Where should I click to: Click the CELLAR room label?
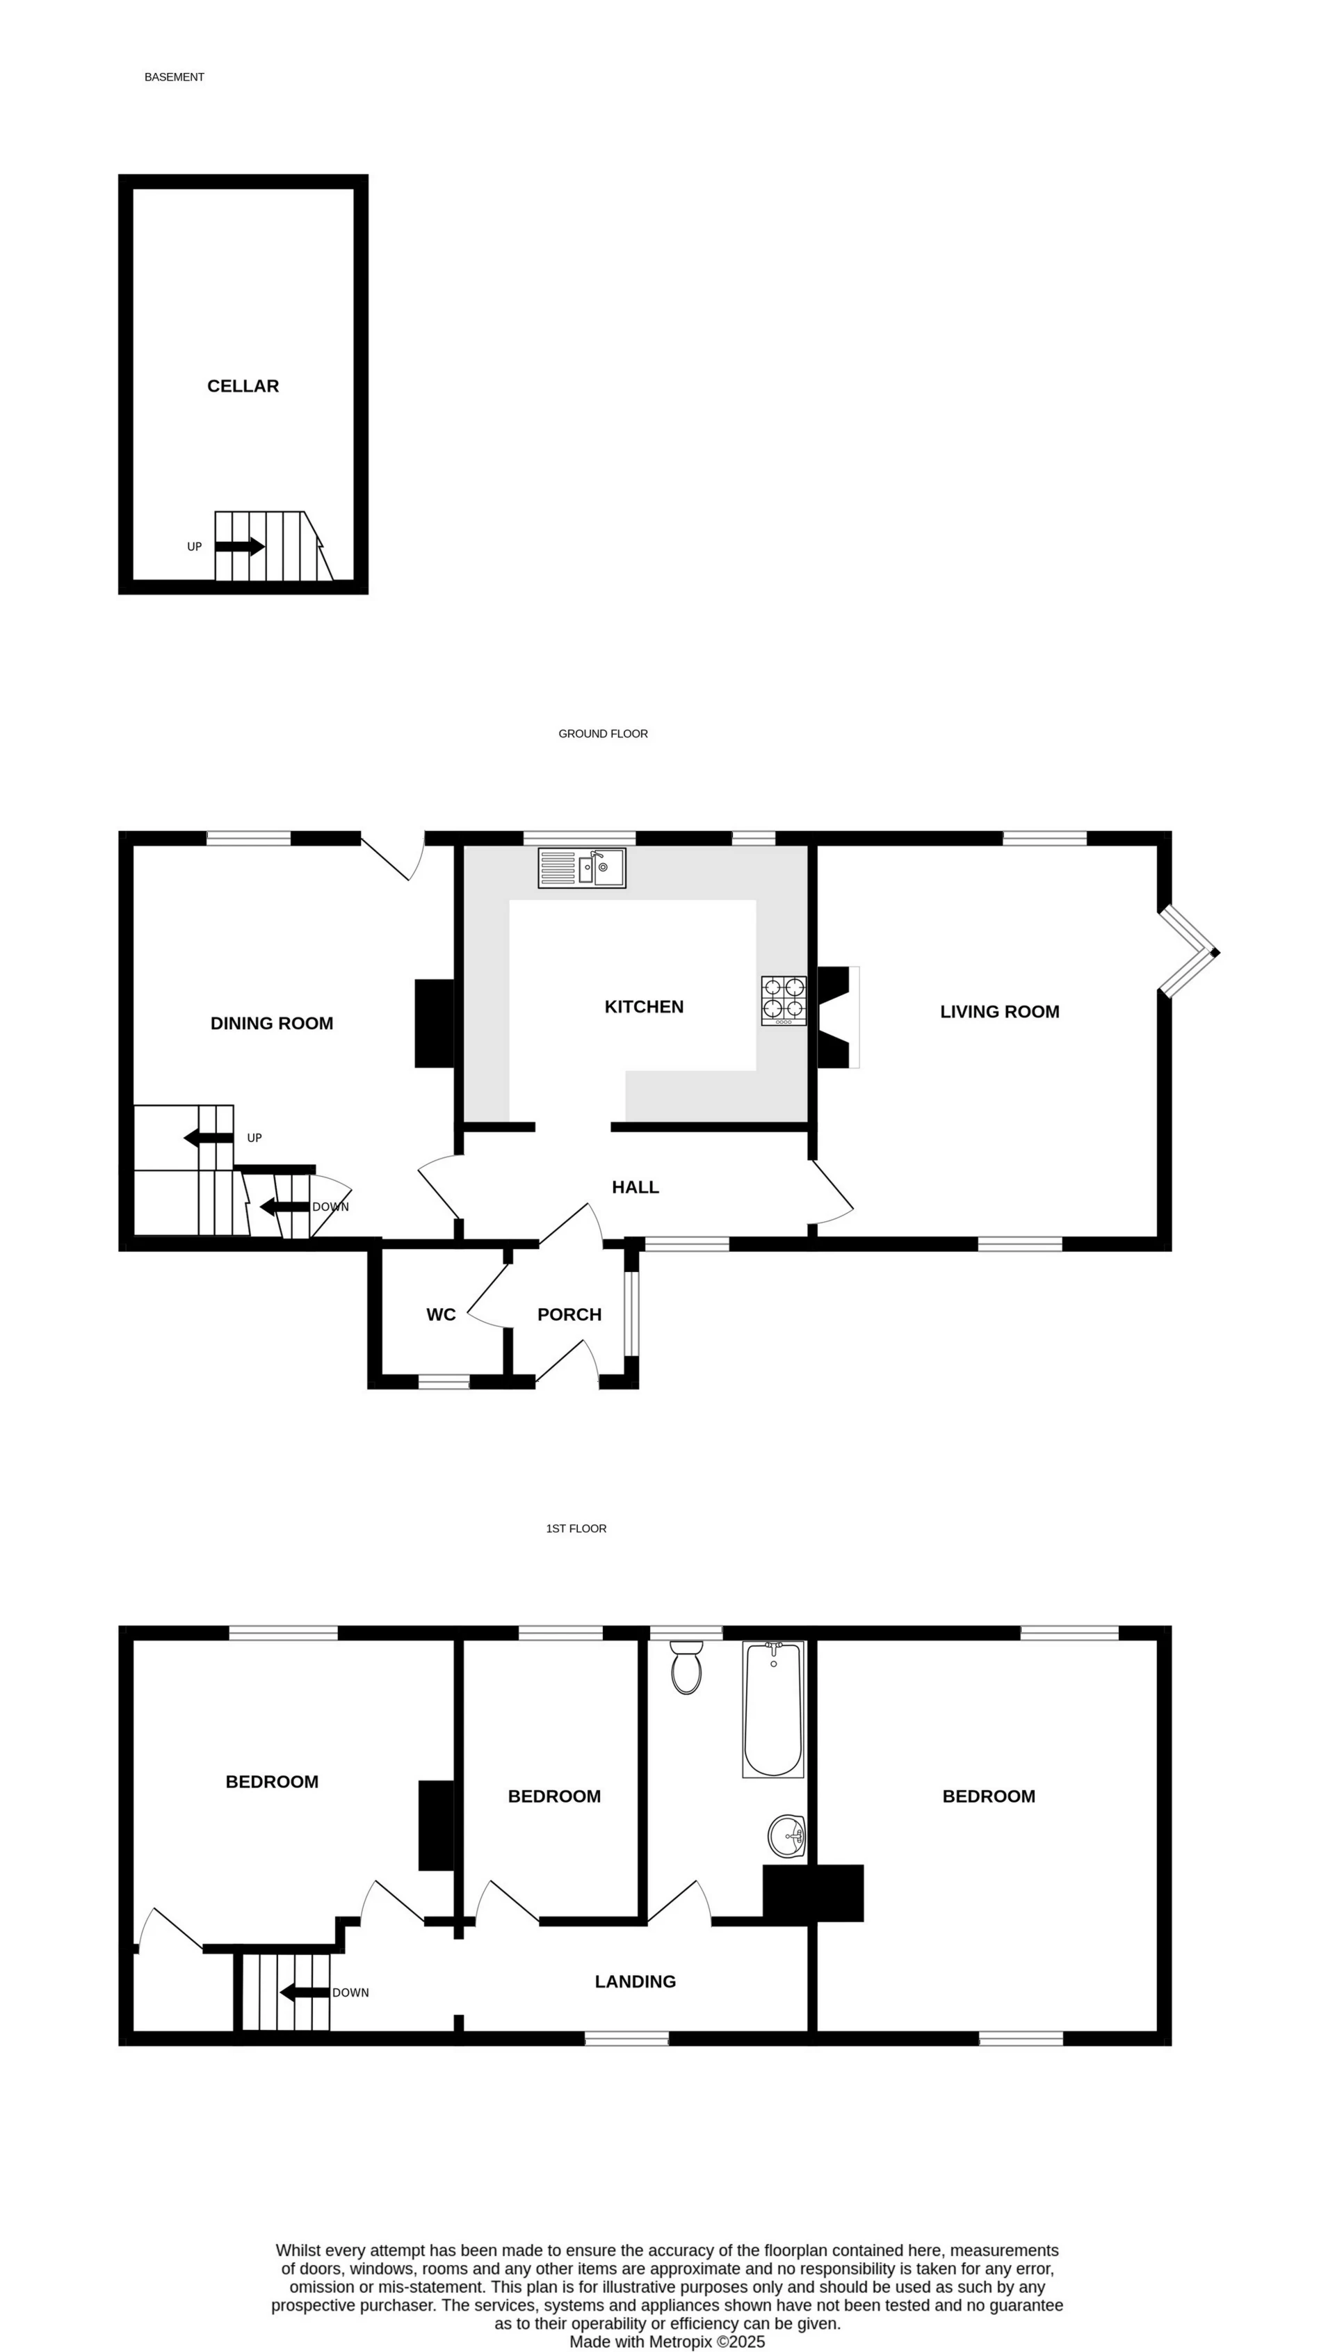(243, 386)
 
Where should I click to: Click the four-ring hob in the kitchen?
(784, 1001)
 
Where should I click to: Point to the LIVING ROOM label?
(999, 1011)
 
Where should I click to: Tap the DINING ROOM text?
(271, 1023)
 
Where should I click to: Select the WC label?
(441, 1315)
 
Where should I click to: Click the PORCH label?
(569, 1315)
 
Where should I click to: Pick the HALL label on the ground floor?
(636, 1187)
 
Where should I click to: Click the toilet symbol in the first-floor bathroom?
(686, 1667)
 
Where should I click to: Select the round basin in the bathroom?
(786, 1836)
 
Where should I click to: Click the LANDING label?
(636, 1981)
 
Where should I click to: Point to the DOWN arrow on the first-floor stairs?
(305, 1992)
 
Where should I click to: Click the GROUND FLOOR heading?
(604, 734)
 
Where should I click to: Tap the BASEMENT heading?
(175, 77)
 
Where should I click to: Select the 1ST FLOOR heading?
(576, 1529)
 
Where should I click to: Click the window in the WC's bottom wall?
(444, 1381)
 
